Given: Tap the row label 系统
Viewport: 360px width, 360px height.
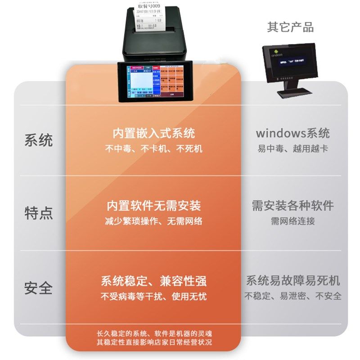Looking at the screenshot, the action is pos(39,140).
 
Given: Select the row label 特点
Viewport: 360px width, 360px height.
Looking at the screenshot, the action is pos(39,213).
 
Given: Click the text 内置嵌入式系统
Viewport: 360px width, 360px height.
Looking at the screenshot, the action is pos(153,134).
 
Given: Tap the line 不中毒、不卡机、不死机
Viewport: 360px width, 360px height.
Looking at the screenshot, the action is pos(153,148).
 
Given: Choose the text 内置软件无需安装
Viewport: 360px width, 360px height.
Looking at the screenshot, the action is pos(153,207).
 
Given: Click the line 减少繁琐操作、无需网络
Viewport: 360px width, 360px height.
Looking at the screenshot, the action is pos(153,221).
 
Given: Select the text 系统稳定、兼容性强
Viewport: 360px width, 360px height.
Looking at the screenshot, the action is pos(153,282).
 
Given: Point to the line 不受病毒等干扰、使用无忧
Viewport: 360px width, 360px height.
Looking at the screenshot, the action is pos(153,297).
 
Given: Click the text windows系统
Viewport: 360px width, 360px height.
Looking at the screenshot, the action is pos(292,133).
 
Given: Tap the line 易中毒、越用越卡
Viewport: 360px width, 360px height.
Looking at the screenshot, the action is pos(292,148).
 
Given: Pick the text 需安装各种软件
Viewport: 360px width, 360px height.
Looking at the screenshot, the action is pos(292,206).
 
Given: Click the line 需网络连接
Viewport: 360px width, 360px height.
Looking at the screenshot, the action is pos(292,221).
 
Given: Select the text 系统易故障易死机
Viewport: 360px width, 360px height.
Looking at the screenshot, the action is pos(292,281).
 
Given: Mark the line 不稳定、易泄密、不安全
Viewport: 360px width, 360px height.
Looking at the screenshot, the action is pos(292,296).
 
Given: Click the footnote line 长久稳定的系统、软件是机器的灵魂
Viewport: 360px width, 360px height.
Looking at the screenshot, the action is pos(153,334).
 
